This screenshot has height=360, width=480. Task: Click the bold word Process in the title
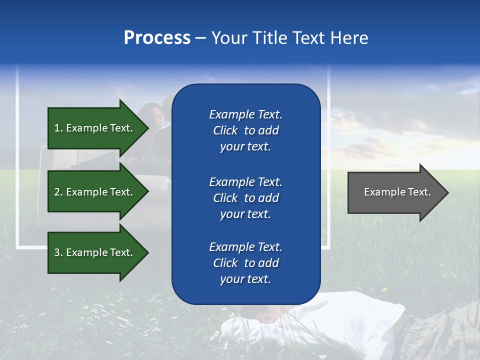[157, 38]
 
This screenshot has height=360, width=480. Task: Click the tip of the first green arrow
[147, 128]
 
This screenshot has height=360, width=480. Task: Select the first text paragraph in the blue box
[245, 130]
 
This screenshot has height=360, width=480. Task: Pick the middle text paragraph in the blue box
[245, 198]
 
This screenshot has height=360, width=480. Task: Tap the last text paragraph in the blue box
[245, 263]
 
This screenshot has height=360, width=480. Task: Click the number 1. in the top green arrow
[58, 128]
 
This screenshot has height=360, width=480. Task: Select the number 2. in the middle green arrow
[58, 192]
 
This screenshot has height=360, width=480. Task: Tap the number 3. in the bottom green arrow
[58, 252]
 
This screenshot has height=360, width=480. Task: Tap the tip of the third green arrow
[147, 252]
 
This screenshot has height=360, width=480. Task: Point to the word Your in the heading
[227, 38]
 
